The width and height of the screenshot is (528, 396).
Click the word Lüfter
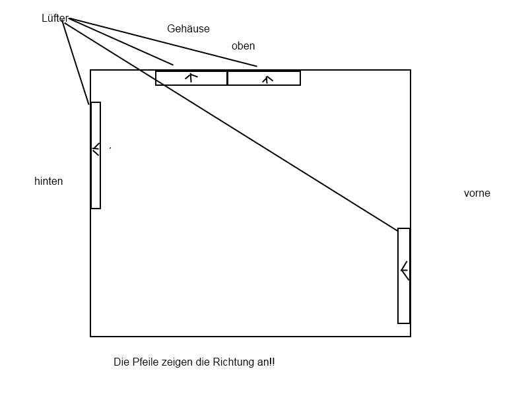(55, 18)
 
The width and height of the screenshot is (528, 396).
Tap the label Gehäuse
(188, 29)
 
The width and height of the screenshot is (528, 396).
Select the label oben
(243, 46)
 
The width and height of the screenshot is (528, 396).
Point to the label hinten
(48, 181)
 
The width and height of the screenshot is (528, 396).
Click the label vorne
(477, 193)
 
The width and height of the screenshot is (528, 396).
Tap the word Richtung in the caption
(228, 362)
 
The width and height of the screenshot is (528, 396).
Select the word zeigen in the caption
(178, 362)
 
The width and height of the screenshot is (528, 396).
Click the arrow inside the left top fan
(191, 77)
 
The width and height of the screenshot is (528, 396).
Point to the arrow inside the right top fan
(267, 79)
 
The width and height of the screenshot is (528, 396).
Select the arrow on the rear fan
(96, 148)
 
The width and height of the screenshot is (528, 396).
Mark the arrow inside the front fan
(405, 270)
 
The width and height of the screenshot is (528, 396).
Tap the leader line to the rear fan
(76, 63)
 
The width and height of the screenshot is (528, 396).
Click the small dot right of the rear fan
(110, 148)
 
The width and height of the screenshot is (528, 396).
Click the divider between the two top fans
(227, 78)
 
